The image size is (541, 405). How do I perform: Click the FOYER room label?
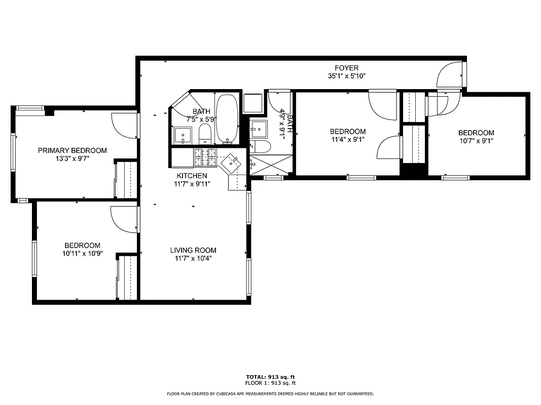point(346,68)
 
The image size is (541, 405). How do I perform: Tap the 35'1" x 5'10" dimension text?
point(346,76)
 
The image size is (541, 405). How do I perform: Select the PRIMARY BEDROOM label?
point(73,150)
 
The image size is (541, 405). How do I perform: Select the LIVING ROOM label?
point(193,250)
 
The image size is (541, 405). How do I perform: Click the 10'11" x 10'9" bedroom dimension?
point(82,254)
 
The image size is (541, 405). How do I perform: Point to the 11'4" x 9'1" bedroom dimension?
point(347,140)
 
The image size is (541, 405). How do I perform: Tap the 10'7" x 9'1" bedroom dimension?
point(476,141)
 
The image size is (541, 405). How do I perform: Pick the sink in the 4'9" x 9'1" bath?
point(259,129)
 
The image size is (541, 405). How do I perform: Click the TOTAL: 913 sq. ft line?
point(270,377)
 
